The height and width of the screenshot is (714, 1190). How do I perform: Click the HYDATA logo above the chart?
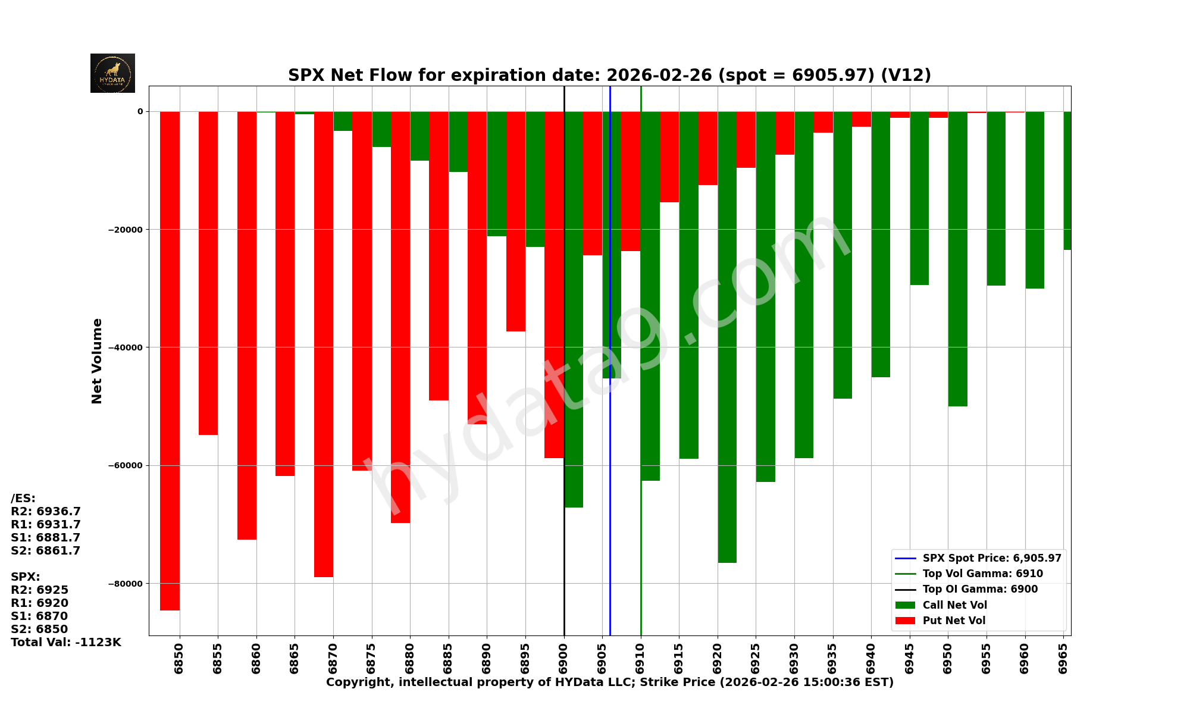[x=112, y=73]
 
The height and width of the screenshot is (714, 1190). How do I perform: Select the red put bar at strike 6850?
[x=170, y=357]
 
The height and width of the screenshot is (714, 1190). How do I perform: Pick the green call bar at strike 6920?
[x=727, y=333]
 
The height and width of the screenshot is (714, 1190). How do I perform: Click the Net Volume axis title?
[x=97, y=361]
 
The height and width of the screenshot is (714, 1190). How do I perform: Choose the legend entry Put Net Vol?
[x=954, y=621]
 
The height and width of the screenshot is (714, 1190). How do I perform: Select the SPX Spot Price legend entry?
[x=991, y=558]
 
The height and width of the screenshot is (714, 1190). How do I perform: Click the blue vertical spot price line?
[x=610, y=506]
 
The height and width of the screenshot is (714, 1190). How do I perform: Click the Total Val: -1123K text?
[x=66, y=642]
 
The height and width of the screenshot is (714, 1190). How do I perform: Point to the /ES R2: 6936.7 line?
[x=46, y=512]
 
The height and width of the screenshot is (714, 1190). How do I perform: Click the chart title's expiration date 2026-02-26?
[x=659, y=76]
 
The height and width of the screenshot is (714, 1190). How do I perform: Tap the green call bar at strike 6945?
[x=919, y=196]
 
